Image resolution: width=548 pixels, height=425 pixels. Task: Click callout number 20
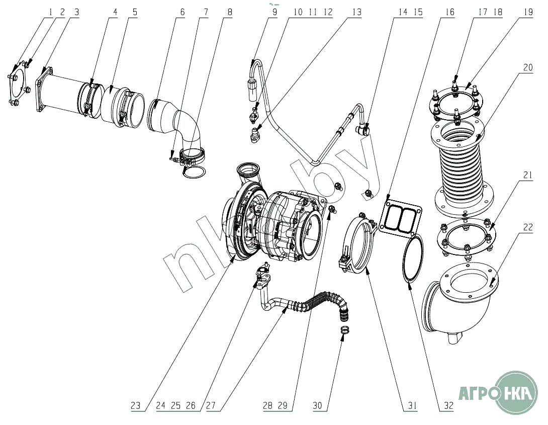click(528, 67)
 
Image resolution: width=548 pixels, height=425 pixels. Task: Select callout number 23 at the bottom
click(135, 405)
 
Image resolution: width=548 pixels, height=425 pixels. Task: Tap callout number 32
click(448, 405)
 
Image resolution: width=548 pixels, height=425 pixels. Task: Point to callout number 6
click(182, 12)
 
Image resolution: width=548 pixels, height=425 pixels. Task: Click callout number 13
click(356, 12)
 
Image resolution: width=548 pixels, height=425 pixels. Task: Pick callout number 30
click(317, 405)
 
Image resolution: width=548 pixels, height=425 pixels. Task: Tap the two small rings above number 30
click(345, 329)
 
